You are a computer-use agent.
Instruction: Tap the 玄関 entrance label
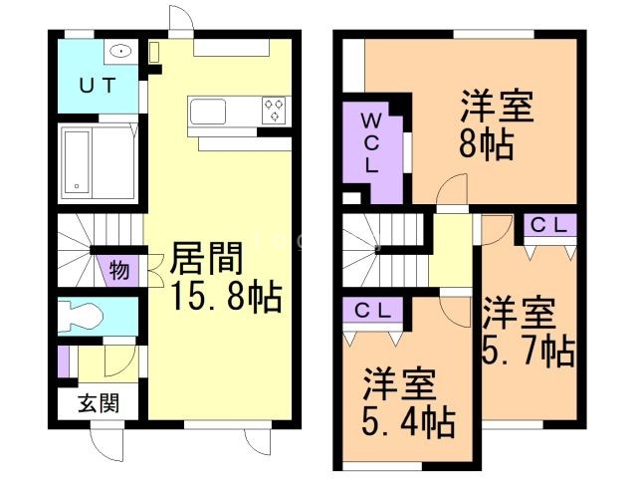click(100, 403)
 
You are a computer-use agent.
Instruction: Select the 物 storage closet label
click(118, 270)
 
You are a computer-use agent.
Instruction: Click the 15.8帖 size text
click(223, 298)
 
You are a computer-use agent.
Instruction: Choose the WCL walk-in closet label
click(369, 143)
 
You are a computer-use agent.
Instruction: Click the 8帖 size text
click(485, 145)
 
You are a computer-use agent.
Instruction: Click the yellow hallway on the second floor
click(452, 254)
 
